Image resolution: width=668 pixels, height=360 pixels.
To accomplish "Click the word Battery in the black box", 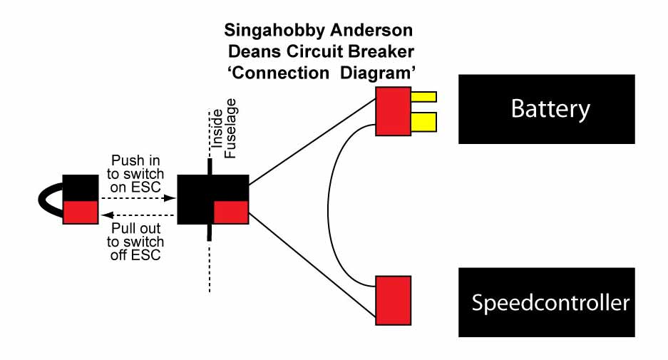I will (550, 109).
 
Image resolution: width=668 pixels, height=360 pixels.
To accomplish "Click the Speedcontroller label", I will (550, 303).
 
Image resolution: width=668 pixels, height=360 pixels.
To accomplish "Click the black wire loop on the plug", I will (50, 199).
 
